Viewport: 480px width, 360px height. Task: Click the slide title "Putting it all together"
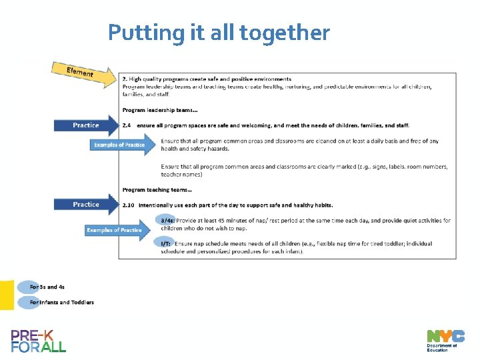point(219,33)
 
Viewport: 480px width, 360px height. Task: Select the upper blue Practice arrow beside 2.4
point(86,125)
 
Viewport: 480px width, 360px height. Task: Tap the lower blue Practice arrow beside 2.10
point(86,205)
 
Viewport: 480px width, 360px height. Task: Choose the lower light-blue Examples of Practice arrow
point(121,230)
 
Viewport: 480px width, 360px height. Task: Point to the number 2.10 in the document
point(129,205)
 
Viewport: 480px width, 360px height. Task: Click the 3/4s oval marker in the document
point(167,221)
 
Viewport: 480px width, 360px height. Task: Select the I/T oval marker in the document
point(165,243)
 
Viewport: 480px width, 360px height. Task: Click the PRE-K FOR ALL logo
point(39,341)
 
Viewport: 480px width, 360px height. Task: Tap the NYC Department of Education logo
point(445,340)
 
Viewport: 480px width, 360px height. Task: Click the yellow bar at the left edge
point(7,295)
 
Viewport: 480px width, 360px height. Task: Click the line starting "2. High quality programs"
point(207,79)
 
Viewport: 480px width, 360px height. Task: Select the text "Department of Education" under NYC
point(442,347)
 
